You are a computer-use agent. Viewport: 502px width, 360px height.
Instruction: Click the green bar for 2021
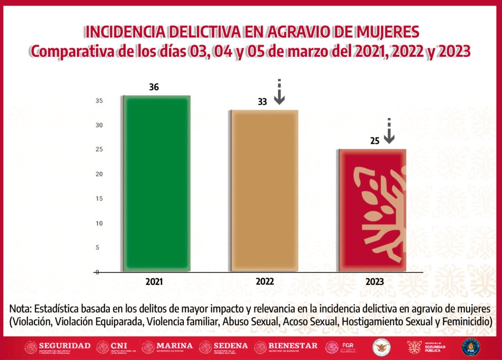click(155, 184)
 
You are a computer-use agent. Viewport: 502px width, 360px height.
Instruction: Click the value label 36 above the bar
click(154, 88)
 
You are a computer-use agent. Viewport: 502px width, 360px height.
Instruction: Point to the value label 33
click(263, 102)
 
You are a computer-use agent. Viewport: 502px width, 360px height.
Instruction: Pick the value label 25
click(375, 141)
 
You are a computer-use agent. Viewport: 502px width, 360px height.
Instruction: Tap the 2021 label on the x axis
click(154, 282)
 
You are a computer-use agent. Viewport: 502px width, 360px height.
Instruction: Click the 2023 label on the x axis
click(375, 282)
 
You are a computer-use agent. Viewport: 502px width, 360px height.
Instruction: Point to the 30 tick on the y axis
click(99, 125)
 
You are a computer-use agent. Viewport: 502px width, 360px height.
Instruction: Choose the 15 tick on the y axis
click(99, 199)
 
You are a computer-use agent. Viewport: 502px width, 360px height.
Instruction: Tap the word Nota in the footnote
click(21, 309)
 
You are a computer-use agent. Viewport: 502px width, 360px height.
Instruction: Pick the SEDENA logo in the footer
click(224, 347)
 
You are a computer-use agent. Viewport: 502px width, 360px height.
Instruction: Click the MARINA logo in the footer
click(167, 347)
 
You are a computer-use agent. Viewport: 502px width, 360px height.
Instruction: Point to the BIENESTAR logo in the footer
click(286, 347)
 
